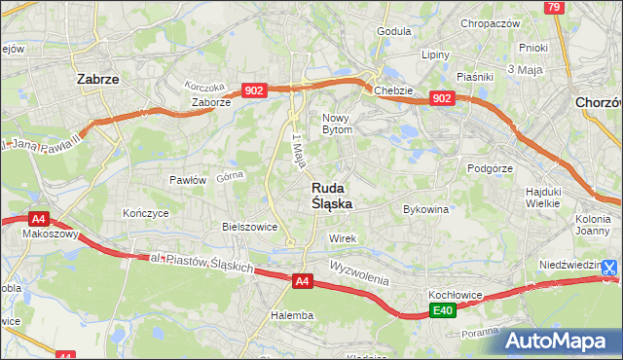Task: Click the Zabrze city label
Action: tap(97, 80)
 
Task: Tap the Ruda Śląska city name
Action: tap(332, 196)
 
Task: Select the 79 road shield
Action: tap(554, 8)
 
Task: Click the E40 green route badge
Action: tap(444, 310)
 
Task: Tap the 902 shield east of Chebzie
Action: tap(442, 98)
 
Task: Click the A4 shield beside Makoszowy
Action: tap(38, 220)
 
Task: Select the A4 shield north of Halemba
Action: tap(303, 281)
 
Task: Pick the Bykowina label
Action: tap(425, 208)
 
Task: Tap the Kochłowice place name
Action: tap(450, 293)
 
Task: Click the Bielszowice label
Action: tap(250, 227)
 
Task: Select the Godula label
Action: tap(393, 31)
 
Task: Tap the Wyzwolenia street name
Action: tap(359, 270)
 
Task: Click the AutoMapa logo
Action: tap(560, 341)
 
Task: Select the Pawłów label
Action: tap(188, 180)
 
